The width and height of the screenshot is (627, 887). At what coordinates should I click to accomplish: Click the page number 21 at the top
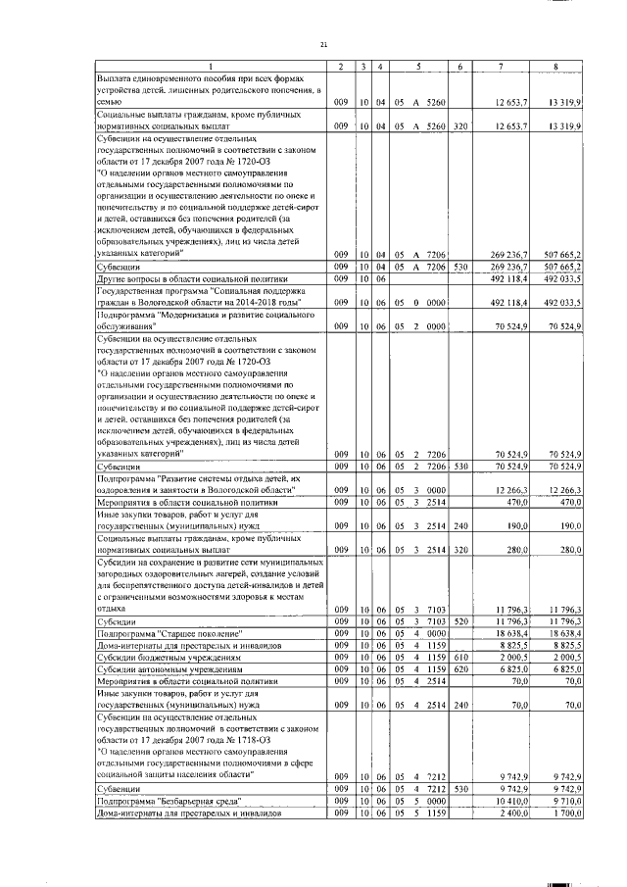pyautogui.click(x=323, y=44)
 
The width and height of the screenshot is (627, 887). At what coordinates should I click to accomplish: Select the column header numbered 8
pyautogui.click(x=555, y=66)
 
